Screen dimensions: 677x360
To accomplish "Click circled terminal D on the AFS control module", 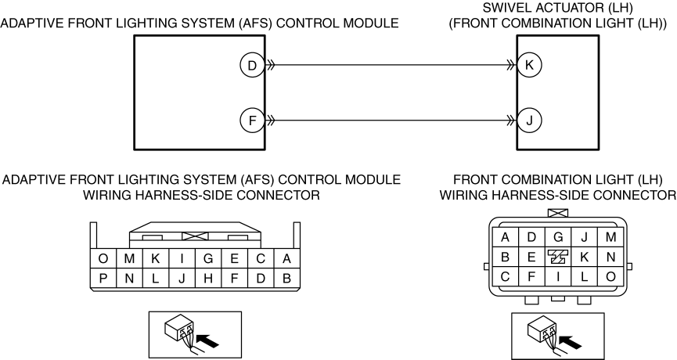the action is coord(252,66).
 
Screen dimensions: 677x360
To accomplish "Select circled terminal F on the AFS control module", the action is coord(252,120).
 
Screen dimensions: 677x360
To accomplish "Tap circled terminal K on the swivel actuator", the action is coord(529,65).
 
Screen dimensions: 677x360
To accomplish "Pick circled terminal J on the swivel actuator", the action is coord(529,120).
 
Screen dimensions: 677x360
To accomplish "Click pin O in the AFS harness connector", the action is coord(103,258).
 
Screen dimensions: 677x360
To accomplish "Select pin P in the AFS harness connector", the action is coord(103,279).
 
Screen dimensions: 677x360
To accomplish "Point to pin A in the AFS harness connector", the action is coord(286,258).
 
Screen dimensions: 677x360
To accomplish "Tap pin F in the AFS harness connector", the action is coord(235,279).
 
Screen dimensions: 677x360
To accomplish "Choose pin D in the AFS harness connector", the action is coord(261,279).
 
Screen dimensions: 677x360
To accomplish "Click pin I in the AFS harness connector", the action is coord(182,258).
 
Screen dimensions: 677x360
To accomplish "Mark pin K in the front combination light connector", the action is coord(584,257).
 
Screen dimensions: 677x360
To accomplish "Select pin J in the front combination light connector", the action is coord(584,237).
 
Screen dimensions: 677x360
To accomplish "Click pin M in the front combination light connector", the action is coord(610,237).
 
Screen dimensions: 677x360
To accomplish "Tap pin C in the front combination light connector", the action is coord(505,276).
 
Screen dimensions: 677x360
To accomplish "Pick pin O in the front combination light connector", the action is coord(610,276).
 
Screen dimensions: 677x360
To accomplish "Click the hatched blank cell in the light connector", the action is coord(558,257).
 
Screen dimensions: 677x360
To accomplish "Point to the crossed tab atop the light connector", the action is coord(558,213).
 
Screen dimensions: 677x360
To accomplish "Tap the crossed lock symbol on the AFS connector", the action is coord(195,236).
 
